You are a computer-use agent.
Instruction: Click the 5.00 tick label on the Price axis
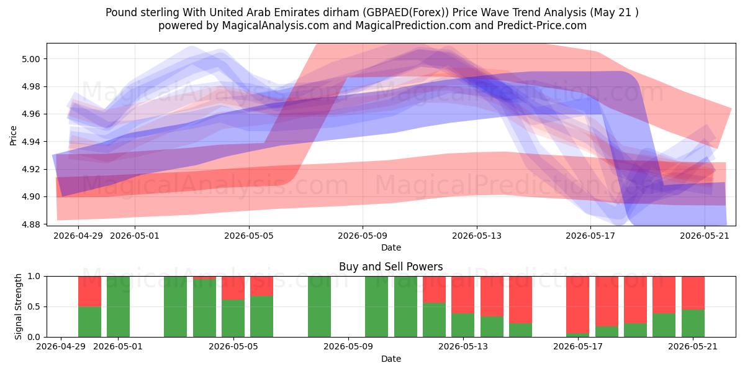tap(30, 59)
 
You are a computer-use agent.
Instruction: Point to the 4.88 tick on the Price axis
tap(30, 224)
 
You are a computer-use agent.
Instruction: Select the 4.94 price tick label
tap(30, 142)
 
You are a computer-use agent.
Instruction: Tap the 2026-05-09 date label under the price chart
tap(363, 236)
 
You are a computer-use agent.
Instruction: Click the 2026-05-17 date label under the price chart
tap(590, 236)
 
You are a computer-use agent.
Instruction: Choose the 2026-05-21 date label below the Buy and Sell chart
tap(693, 346)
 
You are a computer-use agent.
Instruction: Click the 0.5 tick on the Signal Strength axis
tap(34, 306)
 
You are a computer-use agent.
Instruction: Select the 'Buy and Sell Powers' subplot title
tap(391, 267)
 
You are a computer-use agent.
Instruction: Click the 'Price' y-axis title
tap(13, 136)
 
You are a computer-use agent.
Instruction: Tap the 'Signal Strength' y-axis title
tap(18, 306)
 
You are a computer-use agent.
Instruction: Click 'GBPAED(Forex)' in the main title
tap(405, 12)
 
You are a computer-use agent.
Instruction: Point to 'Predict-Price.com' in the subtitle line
tap(542, 25)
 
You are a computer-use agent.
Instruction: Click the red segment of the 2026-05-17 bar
tap(578, 305)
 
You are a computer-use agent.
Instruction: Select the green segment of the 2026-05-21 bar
tap(693, 323)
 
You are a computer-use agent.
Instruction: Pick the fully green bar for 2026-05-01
tap(118, 306)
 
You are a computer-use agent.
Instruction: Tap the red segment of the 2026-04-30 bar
tap(89, 292)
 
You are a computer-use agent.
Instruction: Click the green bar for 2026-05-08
tap(319, 306)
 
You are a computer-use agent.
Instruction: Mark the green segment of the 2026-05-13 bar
tap(463, 325)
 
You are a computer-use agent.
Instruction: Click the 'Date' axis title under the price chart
tap(391, 247)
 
